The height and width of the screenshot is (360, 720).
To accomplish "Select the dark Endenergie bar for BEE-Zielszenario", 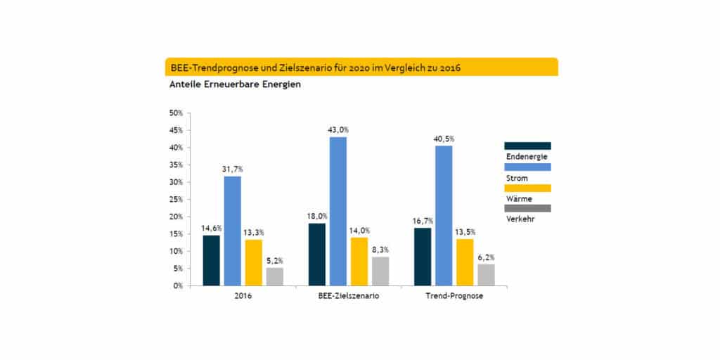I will click(x=316, y=254).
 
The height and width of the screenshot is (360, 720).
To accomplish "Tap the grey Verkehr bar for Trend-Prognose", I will click(x=486, y=274).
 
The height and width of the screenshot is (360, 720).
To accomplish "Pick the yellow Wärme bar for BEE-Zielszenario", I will click(x=359, y=261).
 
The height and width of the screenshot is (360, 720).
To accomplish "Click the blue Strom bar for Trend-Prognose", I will click(x=444, y=215).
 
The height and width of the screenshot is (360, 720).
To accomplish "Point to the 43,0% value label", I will click(x=338, y=129).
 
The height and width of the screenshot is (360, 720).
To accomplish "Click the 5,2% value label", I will click(x=274, y=260).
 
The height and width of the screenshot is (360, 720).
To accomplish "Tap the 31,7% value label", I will click(x=232, y=169).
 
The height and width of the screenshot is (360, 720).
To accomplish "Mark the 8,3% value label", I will click(x=380, y=250).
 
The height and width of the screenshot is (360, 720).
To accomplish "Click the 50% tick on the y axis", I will click(x=176, y=113).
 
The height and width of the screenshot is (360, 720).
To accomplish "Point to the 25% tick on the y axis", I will click(x=176, y=199).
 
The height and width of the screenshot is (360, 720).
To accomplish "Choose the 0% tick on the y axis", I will click(x=178, y=285).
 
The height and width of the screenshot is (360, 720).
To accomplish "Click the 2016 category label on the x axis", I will click(x=243, y=297).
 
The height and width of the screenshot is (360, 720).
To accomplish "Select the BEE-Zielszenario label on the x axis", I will click(x=348, y=297).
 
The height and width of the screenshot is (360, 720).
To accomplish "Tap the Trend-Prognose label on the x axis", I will click(x=454, y=297).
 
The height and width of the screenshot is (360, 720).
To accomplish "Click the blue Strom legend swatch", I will click(x=527, y=167).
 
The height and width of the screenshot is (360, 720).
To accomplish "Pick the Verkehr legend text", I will click(x=520, y=219).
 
